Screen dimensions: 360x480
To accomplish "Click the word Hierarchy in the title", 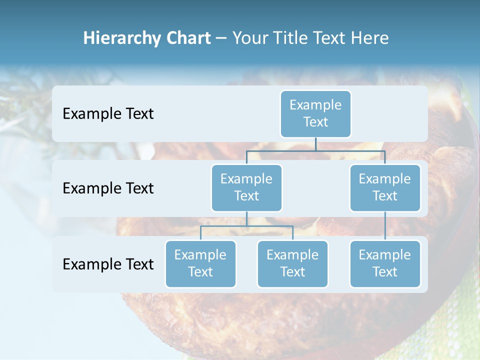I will [121, 38].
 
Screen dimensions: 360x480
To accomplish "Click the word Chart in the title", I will [188, 38].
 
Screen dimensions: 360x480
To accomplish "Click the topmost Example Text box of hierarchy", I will [315, 113].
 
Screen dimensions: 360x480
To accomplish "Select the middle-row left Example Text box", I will [246, 187].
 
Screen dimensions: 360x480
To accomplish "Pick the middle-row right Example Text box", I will [384, 187].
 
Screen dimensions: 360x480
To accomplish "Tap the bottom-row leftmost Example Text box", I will [200, 263].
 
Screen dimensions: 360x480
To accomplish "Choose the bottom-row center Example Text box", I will [292, 263].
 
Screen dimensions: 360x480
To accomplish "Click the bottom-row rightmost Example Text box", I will [384, 263].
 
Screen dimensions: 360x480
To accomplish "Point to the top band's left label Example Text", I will [108, 113].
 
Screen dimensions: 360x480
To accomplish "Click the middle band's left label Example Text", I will [108, 188].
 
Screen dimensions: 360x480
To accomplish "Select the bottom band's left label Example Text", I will [108, 264].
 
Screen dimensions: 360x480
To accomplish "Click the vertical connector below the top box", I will [315, 144].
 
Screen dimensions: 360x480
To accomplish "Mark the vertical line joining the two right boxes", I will [384, 225].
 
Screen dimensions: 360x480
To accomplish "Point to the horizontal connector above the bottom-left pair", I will [246, 226].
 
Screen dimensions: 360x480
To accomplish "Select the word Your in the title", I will [250, 38].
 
